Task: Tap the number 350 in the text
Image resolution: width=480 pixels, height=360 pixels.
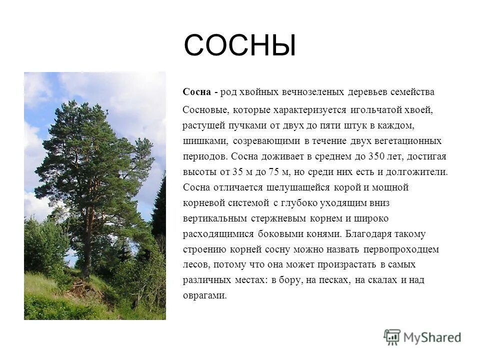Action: (376, 156)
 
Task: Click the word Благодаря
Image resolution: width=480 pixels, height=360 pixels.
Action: (366, 233)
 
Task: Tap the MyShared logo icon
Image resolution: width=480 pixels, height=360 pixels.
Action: (392, 337)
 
